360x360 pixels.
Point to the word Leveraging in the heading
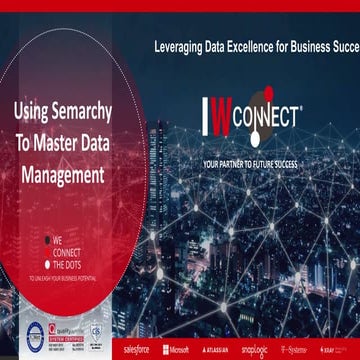click(x=179, y=47)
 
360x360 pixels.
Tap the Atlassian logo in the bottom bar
click(x=213, y=351)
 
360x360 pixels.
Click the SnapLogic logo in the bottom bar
click(x=254, y=351)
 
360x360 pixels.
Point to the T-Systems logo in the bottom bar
click(x=295, y=351)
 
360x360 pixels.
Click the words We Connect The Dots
click(x=66, y=250)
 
